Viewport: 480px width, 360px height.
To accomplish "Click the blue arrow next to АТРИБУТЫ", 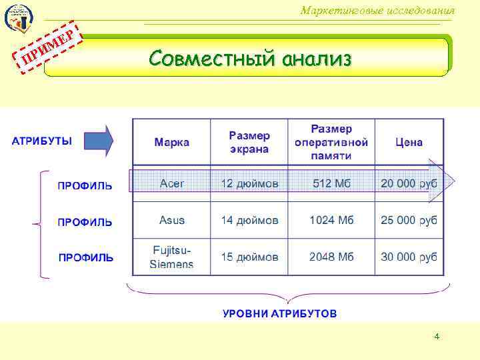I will (99, 141).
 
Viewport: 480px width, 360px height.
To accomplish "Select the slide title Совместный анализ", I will (250, 59).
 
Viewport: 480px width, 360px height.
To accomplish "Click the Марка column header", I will (171, 142).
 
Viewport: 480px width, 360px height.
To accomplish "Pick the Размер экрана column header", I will (249, 142).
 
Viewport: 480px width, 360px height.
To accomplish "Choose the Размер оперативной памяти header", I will (331, 141).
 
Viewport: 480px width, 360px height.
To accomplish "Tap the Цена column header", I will (409, 142).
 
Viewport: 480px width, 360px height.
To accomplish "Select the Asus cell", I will (172, 220).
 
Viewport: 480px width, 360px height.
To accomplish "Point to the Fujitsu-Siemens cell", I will (172, 257).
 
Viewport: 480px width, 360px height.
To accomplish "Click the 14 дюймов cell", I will (249, 220).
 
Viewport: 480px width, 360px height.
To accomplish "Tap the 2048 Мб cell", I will (331, 257).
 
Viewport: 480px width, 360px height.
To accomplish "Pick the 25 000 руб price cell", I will (409, 220).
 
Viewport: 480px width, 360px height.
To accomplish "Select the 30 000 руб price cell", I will (409, 257).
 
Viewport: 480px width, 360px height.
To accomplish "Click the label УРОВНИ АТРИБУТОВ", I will (280, 313).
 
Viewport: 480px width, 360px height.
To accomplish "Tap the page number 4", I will (437, 337).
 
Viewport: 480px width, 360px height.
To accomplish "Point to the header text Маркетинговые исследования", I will (377, 11).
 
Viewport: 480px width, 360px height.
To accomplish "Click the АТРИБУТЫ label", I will (42, 141).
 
